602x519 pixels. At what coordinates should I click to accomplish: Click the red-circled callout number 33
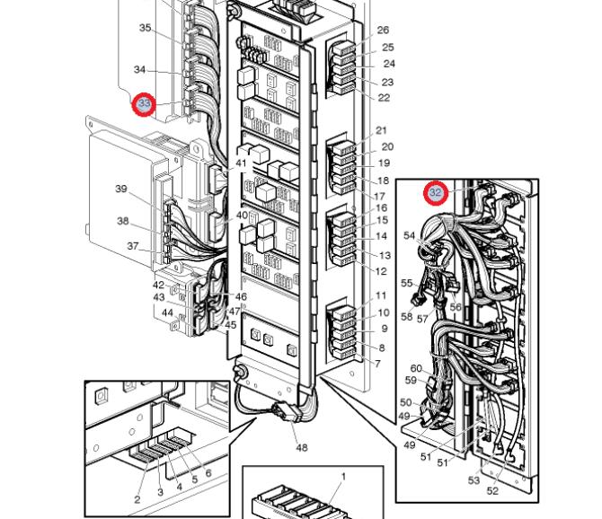[x=145, y=104]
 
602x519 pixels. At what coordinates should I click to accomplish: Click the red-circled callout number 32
[x=436, y=193]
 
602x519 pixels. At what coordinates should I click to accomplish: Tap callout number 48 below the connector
[x=301, y=447]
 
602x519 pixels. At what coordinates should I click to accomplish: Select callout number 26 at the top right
[x=383, y=31]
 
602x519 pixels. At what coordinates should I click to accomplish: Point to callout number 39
[x=121, y=189]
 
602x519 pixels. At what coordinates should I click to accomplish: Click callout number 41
[x=241, y=163]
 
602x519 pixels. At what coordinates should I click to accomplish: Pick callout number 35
[x=146, y=28]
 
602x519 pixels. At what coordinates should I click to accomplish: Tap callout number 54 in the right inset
[x=409, y=235]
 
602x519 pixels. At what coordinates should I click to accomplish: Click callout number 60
[x=416, y=369]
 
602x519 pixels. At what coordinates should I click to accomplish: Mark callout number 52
[x=492, y=491]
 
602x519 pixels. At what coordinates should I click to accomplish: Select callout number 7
[x=377, y=364]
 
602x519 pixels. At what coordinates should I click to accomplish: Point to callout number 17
[x=379, y=196]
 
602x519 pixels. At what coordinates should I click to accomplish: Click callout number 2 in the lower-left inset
[x=137, y=499]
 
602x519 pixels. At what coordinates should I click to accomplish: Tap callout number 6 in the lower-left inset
[x=208, y=473]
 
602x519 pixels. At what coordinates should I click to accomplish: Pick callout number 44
[x=167, y=312]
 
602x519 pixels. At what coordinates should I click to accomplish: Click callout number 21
[x=381, y=131]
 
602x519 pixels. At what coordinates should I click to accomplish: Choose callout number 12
[x=381, y=271]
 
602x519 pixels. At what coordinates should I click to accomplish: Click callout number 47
[x=235, y=312]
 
